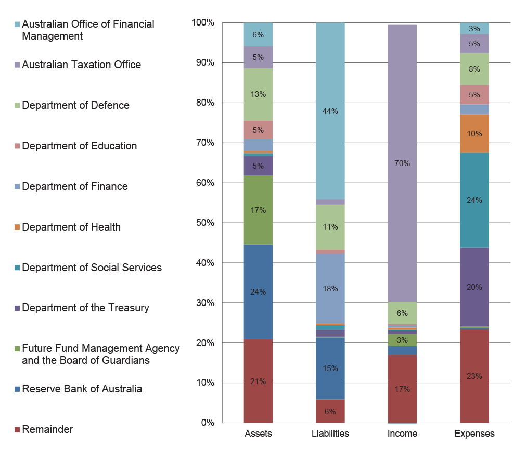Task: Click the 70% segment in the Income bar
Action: point(402,163)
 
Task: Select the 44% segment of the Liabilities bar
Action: point(330,111)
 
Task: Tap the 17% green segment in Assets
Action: point(258,210)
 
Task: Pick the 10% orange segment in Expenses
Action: point(474,134)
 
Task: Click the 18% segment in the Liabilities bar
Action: point(330,288)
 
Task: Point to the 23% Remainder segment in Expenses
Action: point(474,376)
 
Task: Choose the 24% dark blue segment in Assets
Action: point(258,292)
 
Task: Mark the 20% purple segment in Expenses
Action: point(474,287)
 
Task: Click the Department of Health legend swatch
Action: point(18,227)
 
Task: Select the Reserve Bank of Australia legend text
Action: point(82,389)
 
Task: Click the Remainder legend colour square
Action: point(18,430)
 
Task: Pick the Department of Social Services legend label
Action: point(92,268)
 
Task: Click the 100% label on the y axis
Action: point(202,22)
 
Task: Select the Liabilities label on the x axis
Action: point(330,434)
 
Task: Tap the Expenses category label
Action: point(474,434)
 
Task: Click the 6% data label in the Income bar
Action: point(402,313)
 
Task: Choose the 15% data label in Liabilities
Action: point(330,368)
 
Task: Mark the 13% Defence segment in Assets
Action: point(258,94)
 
